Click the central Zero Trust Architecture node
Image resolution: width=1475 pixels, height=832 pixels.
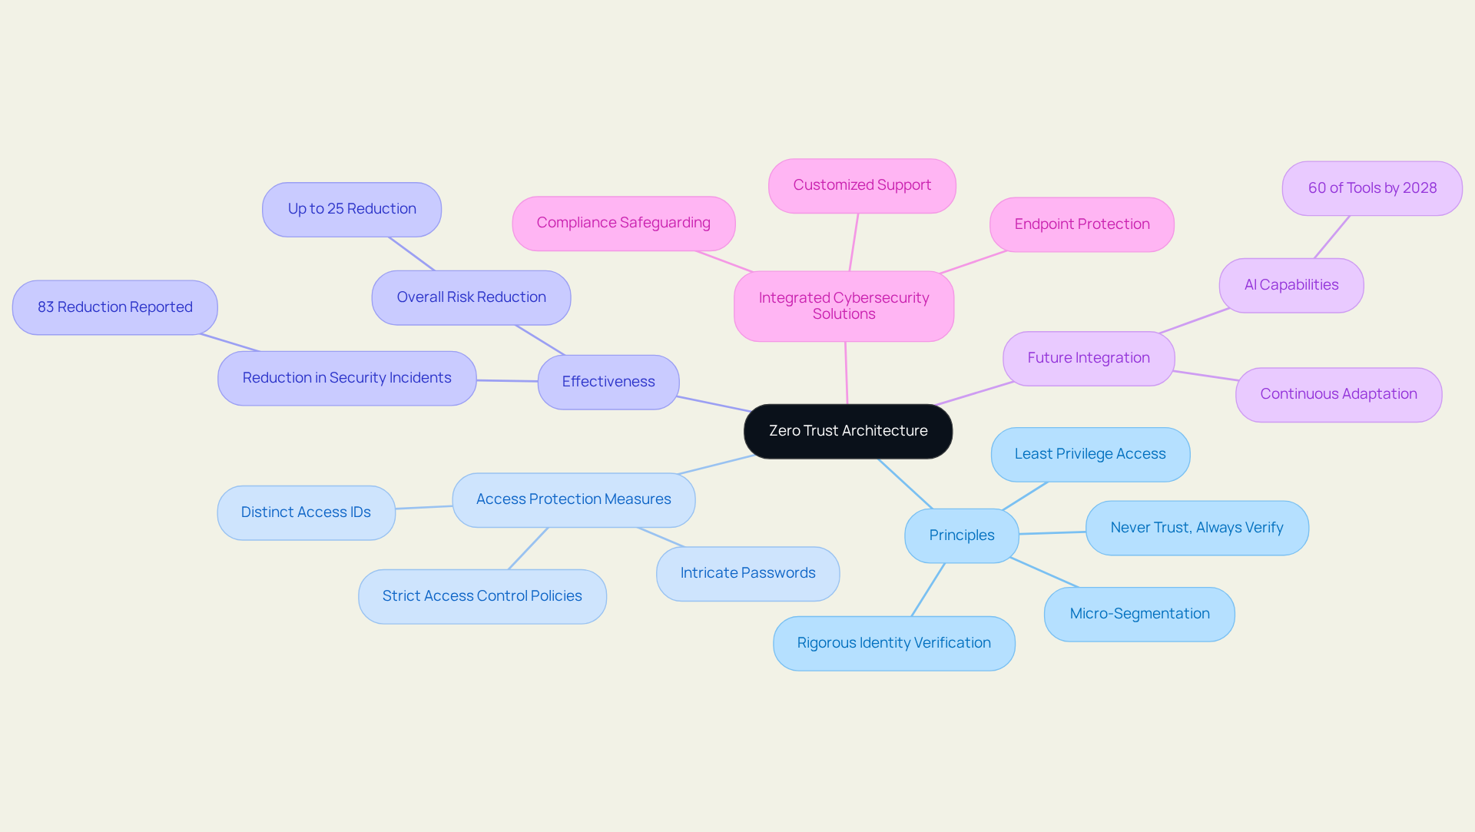pos(848,431)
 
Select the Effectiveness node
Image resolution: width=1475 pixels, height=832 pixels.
pos(608,382)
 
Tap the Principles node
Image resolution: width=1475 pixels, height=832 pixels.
pos(962,535)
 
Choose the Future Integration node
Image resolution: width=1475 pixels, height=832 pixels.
pos(1089,358)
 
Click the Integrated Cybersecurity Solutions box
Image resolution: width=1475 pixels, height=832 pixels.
pos(844,306)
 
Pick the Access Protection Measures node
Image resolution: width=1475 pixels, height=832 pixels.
pos(573,499)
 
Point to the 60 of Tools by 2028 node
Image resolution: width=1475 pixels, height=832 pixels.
pos(1372,188)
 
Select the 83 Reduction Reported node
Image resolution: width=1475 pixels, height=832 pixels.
pos(115,307)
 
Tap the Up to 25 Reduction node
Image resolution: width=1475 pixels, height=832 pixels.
pos(352,209)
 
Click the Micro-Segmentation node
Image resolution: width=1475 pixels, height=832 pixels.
pos(1139,614)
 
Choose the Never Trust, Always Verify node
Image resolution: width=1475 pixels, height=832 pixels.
pos(1197,528)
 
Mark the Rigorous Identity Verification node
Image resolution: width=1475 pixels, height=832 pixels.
pos(893,643)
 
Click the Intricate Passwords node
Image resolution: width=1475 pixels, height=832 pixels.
pos(747,573)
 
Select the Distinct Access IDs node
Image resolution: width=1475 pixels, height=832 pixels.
pos(306,512)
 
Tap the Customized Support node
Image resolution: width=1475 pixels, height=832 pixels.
pos(862,185)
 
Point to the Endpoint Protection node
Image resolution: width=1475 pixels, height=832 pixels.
pos(1082,224)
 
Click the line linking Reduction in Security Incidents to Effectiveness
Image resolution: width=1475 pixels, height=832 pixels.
pos(507,380)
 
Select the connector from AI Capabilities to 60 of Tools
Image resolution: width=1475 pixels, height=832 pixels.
pos(1332,237)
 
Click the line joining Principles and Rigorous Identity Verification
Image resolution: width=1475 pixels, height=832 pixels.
pos(928,589)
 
